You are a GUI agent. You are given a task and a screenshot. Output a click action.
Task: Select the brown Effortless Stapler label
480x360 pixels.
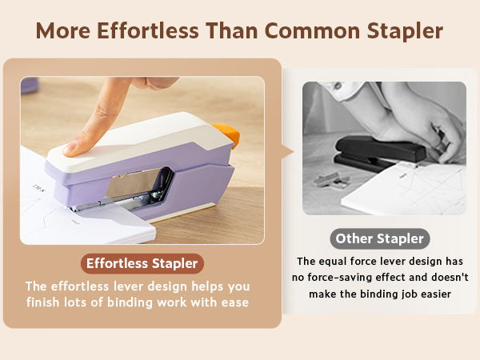click(142, 262)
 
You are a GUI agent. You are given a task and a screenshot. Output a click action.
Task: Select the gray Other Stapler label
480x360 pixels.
click(380, 238)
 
